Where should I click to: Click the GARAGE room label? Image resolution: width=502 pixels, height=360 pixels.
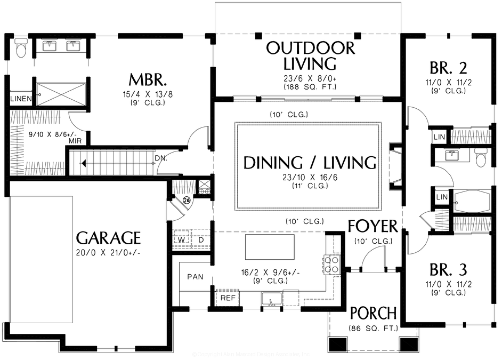pos(108,238)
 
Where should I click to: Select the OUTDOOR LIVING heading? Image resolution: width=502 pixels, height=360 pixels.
pos(310,55)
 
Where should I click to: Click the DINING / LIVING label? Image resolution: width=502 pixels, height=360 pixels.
pos(310,163)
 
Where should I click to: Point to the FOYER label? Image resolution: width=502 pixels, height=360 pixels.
pos(373,226)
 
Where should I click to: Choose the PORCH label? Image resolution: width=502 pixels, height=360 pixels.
pos(373,313)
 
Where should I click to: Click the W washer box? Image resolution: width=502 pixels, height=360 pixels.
pos(181,241)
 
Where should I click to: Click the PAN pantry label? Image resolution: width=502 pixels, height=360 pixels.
pos(194,277)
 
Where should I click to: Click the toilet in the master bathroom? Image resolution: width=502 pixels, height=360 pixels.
pos(21,49)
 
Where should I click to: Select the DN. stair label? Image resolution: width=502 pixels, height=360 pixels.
pos(161,158)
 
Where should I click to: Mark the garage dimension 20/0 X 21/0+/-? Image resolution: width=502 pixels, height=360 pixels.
pos(108,253)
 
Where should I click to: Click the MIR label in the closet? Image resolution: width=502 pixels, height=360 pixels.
pos(75,141)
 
